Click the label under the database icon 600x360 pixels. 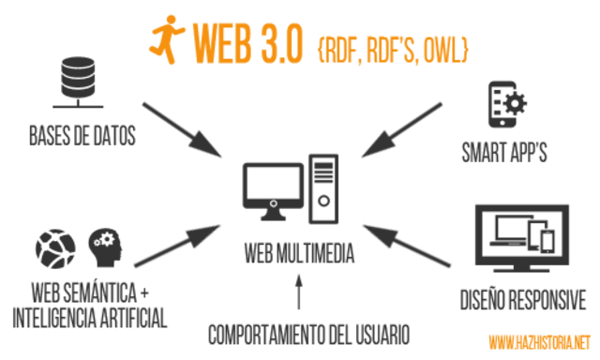(82, 136)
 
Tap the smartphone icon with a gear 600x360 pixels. (503, 103)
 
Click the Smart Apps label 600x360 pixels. (504, 153)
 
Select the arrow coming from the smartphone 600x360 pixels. (401, 129)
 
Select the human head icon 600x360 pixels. (104, 247)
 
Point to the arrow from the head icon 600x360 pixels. (178, 246)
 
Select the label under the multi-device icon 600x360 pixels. (523, 300)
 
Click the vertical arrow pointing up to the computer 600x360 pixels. (299, 292)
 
